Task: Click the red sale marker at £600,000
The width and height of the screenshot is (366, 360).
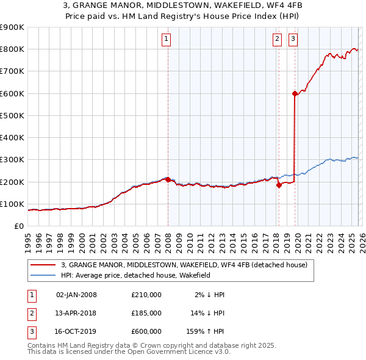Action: pyautogui.click(x=295, y=93)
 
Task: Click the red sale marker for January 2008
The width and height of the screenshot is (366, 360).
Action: pyautogui.click(x=168, y=179)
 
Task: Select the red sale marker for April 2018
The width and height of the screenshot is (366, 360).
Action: pyautogui.click(x=279, y=185)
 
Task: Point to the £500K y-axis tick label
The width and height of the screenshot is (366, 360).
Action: pyautogui.click(x=12, y=115)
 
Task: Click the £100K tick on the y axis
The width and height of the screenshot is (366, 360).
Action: pyautogui.click(x=12, y=204)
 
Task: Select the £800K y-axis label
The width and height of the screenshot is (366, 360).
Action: pyautogui.click(x=12, y=49)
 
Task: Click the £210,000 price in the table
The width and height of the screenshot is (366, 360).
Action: pyautogui.click(x=146, y=295)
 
